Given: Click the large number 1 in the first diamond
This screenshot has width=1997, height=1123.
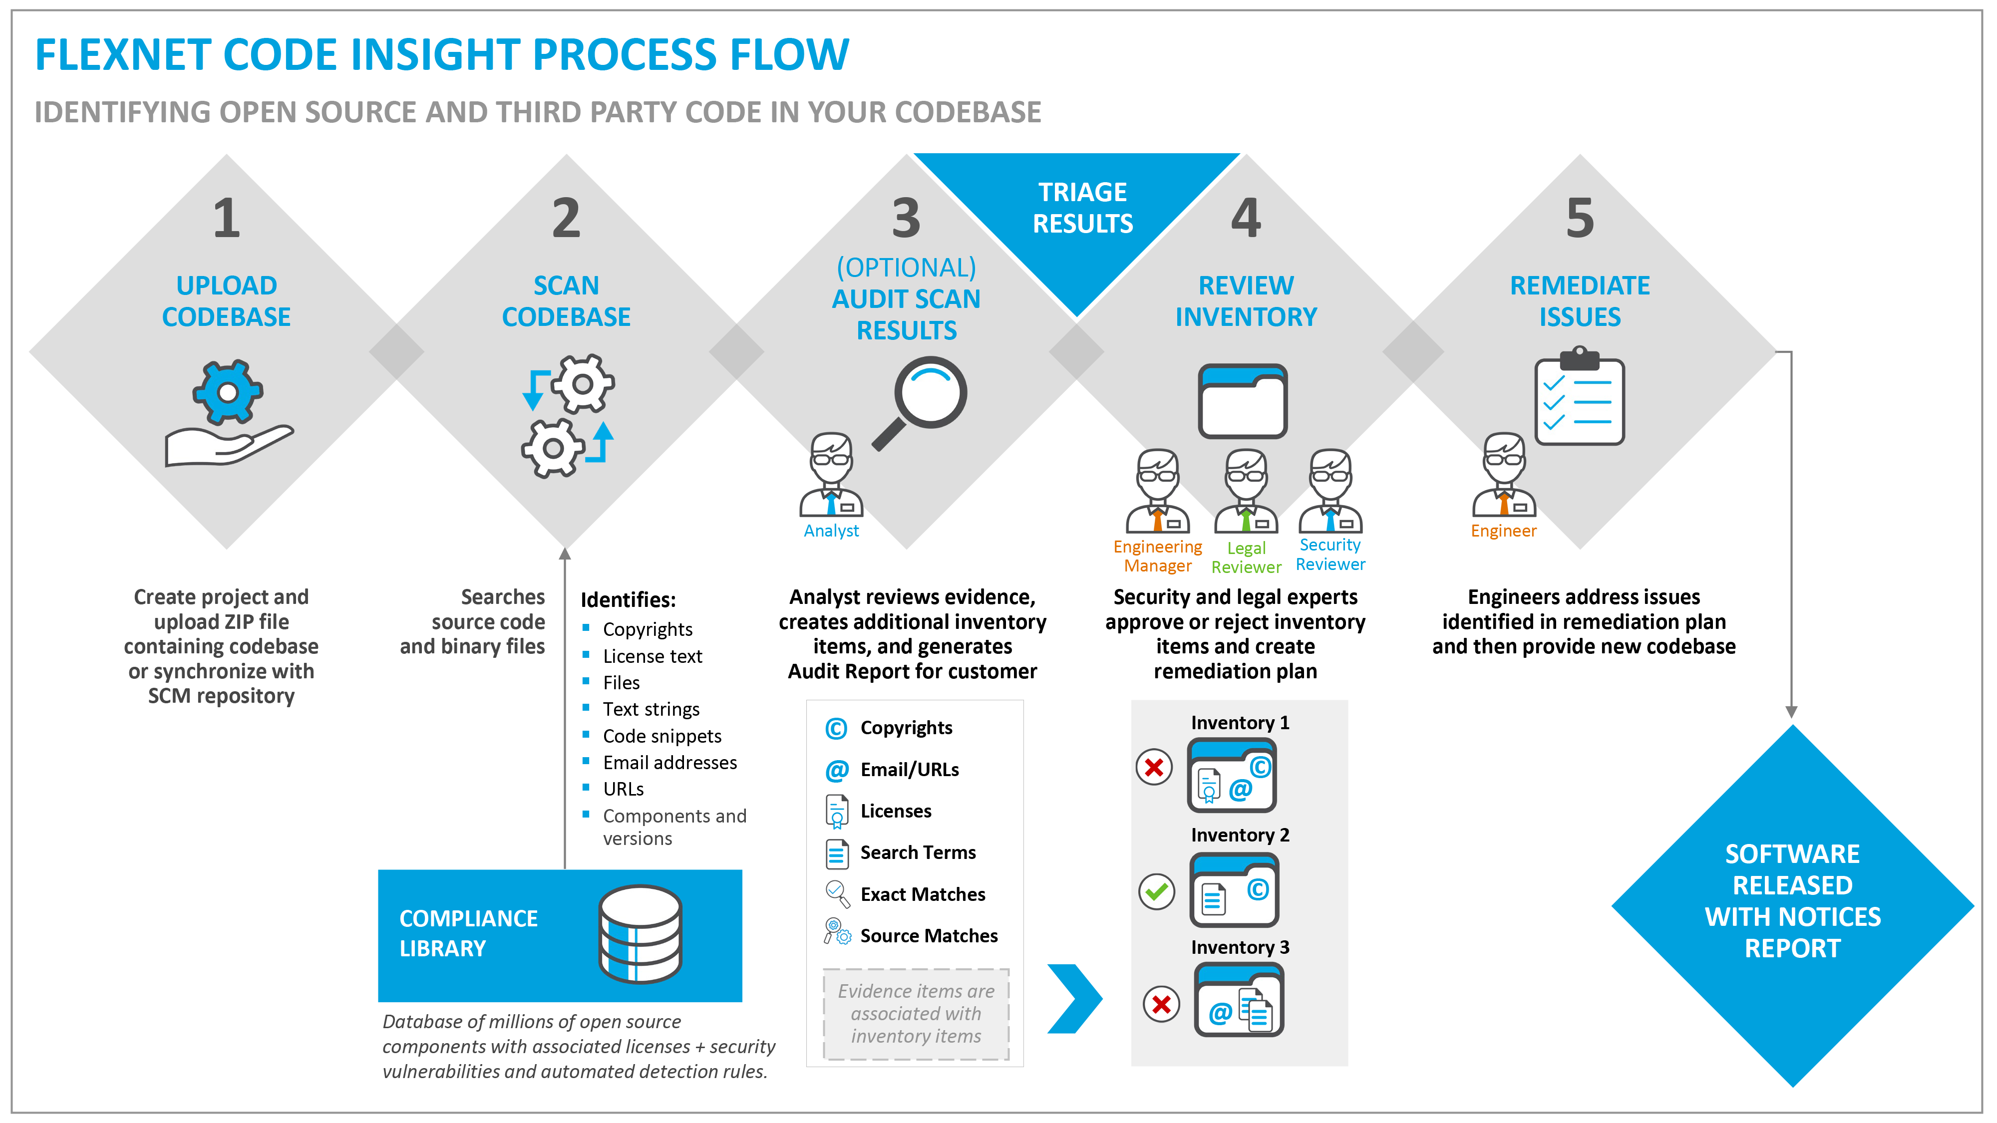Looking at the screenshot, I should [x=226, y=219].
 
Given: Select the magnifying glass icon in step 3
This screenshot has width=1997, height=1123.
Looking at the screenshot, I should [x=923, y=399].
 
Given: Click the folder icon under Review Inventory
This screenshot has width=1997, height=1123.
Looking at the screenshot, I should [x=1243, y=401].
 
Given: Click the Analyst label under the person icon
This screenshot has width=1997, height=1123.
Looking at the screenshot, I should [x=831, y=531].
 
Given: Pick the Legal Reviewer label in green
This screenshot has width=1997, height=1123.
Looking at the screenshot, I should [x=1246, y=557].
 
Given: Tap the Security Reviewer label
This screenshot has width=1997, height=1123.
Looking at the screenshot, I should [x=1331, y=554].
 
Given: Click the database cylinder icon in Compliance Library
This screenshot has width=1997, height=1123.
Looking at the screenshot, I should [x=641, y=934].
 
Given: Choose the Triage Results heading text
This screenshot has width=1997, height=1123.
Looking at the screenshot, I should [x=1082, y=208].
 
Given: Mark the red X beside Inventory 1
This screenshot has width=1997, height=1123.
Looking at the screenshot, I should [x=1154, y=767].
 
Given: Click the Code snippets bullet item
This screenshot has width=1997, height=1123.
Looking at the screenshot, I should [x=662, y=736].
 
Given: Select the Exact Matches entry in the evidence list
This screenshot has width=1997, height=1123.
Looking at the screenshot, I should [x=923, y=894].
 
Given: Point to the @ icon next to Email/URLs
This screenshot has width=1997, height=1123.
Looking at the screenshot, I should [x=836, y=770].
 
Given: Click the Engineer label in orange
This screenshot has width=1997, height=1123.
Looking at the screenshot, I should [x=1503, y=531].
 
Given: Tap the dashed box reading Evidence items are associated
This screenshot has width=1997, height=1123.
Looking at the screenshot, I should [x=916, y=1013].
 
